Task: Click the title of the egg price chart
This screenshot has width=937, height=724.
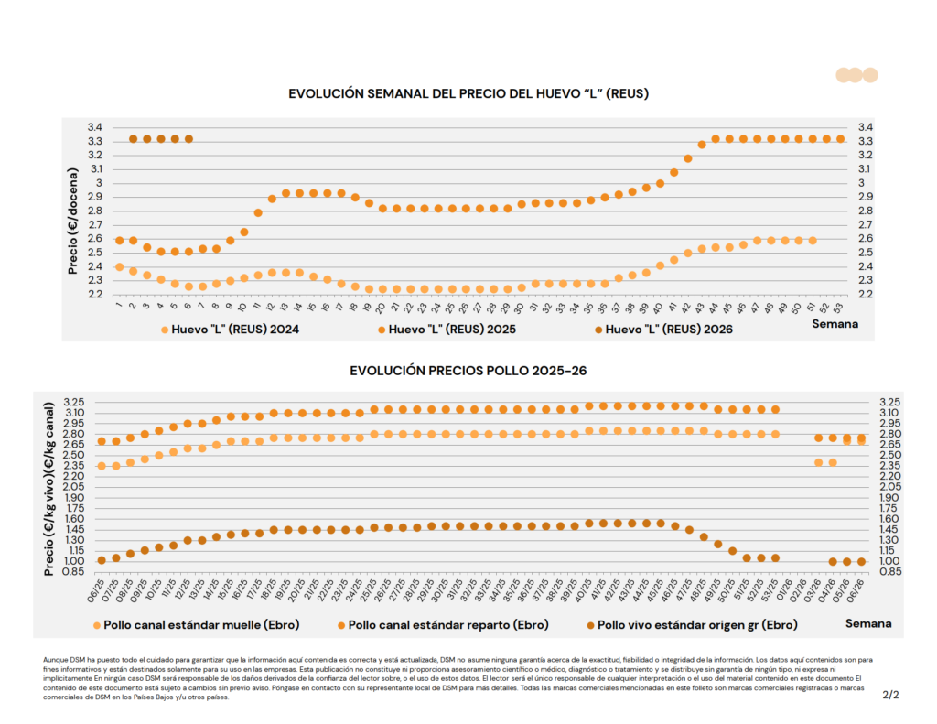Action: pyautogui.click(x=468, y=93)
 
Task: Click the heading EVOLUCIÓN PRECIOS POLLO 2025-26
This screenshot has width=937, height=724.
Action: pyautogui.click(x=468, y=371)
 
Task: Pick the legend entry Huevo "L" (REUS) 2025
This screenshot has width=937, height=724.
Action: pyautogui.click(x=447, y=328)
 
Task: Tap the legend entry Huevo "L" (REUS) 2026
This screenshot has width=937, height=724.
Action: pyautogui.click(x=668, y=328)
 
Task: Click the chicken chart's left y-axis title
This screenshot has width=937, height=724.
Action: pyautogui.click(x=48, y=492)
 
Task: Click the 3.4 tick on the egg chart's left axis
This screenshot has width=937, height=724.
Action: pyautogui.click(x=94, y=127)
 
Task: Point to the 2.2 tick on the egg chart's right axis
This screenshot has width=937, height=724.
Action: pyautogui.click(x=865, y=294)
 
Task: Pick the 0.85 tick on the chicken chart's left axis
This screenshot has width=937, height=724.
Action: pyautogui.click(x=76, y=571)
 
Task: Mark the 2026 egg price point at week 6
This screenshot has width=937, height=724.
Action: pyautogui.click(x=188, y=139)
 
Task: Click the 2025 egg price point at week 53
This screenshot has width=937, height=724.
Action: pyautogui.click(x=840, y=139)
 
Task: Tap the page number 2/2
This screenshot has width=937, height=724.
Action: pyautogui.click(x=890, y=695)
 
